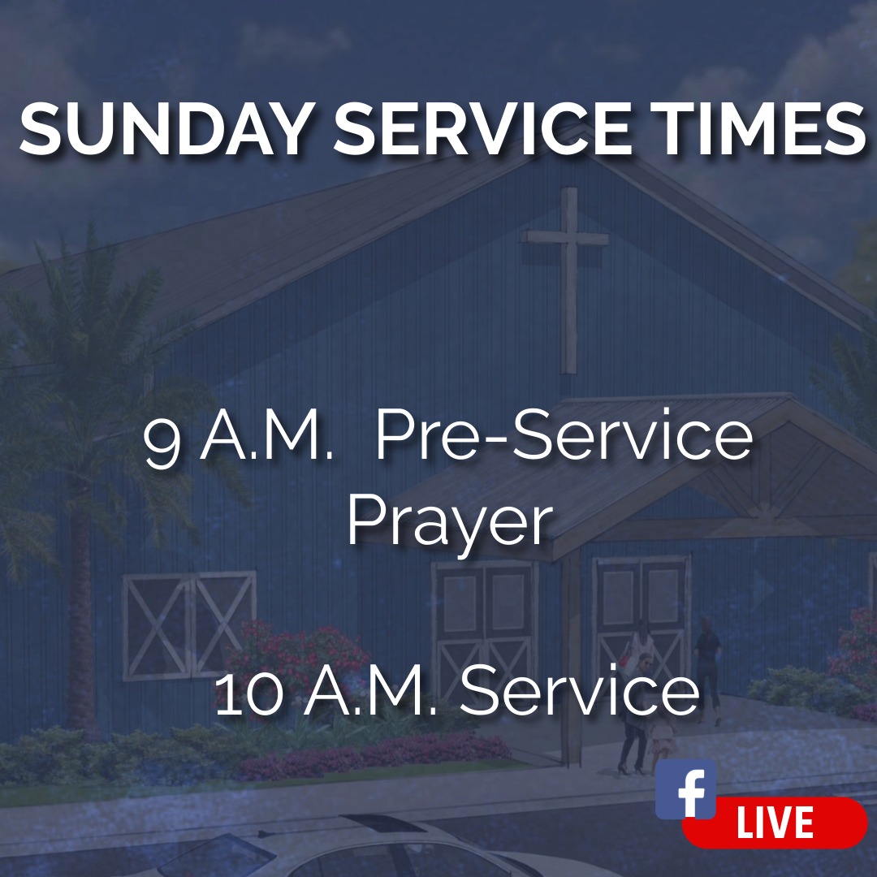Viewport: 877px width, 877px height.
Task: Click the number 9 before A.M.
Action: coord(162,441)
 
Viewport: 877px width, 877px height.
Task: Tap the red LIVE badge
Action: coord(775,823)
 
